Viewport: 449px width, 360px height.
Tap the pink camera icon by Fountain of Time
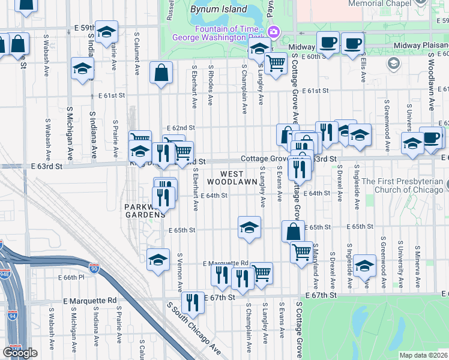[x=273, y=32]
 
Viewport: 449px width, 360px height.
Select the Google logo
[x=20, y=352]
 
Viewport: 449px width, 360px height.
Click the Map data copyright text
[x=423, y=355]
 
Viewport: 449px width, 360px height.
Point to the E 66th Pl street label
[x=72, y=277]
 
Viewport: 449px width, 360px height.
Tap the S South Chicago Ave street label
[x=194, y=329]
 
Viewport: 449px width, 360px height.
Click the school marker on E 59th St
[x=106, y=31]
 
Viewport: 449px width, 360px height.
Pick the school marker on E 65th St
[x=249, y=227]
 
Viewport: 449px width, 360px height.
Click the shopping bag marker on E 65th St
[x=292, y=231]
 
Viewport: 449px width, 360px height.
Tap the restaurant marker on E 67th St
[x=193, y=302]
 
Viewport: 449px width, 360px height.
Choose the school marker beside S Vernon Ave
[x=158, y=259]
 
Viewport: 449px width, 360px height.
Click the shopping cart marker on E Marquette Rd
[x=261, y=273]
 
